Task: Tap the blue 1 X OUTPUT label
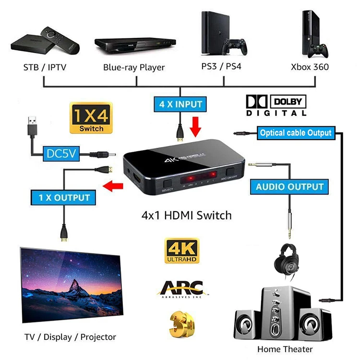point(61,197)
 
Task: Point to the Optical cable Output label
point(295,133)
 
